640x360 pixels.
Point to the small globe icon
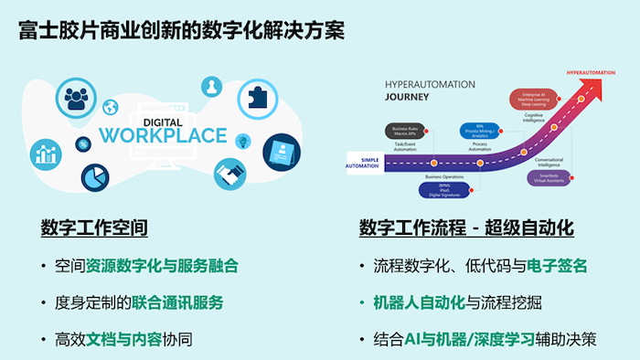click(x=112, y=107)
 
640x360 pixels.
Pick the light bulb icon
click(x=243, y=142)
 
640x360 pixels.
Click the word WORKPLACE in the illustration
click(x=163, y=136)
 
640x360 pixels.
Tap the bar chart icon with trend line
click(x=43, y=153)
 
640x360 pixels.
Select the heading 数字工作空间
click(x=94, y=227)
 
